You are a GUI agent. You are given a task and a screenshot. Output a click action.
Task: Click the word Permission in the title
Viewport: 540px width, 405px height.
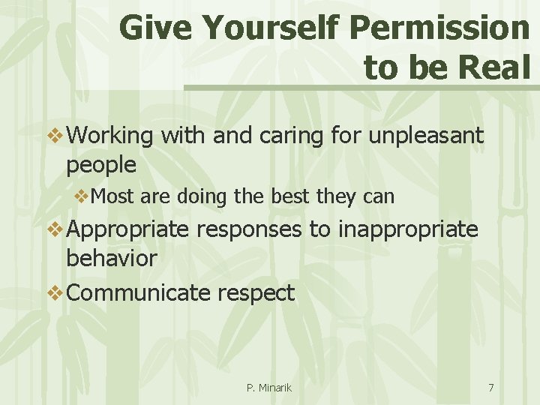tap(439, 29)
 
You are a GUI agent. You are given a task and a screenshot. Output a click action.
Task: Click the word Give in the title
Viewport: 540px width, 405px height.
tap(155, 29)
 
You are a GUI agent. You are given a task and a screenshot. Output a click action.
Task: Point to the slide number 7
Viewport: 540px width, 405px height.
tap(490, 388)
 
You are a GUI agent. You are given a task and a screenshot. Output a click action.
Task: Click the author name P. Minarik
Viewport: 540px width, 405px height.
tap(268, 388)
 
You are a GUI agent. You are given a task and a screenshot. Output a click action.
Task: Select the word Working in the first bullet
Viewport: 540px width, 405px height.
tap(110, 136)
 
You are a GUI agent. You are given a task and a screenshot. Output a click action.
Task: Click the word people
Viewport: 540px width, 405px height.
tap(101, 164)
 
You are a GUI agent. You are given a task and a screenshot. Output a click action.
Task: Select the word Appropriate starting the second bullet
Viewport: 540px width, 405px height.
tap(127, 229)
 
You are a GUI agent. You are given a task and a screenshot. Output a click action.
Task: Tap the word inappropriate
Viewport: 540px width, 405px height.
tap(408, 229)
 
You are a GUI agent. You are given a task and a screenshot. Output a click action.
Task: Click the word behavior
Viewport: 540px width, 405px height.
tap(112, 259)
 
